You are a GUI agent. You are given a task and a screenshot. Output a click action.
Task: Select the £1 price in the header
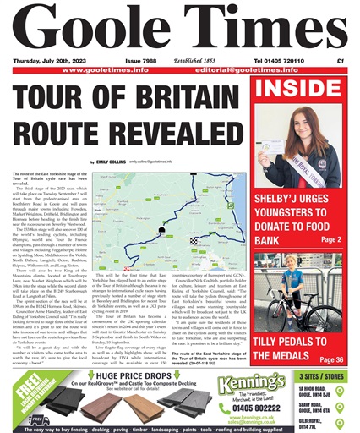[x=341, y=61]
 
